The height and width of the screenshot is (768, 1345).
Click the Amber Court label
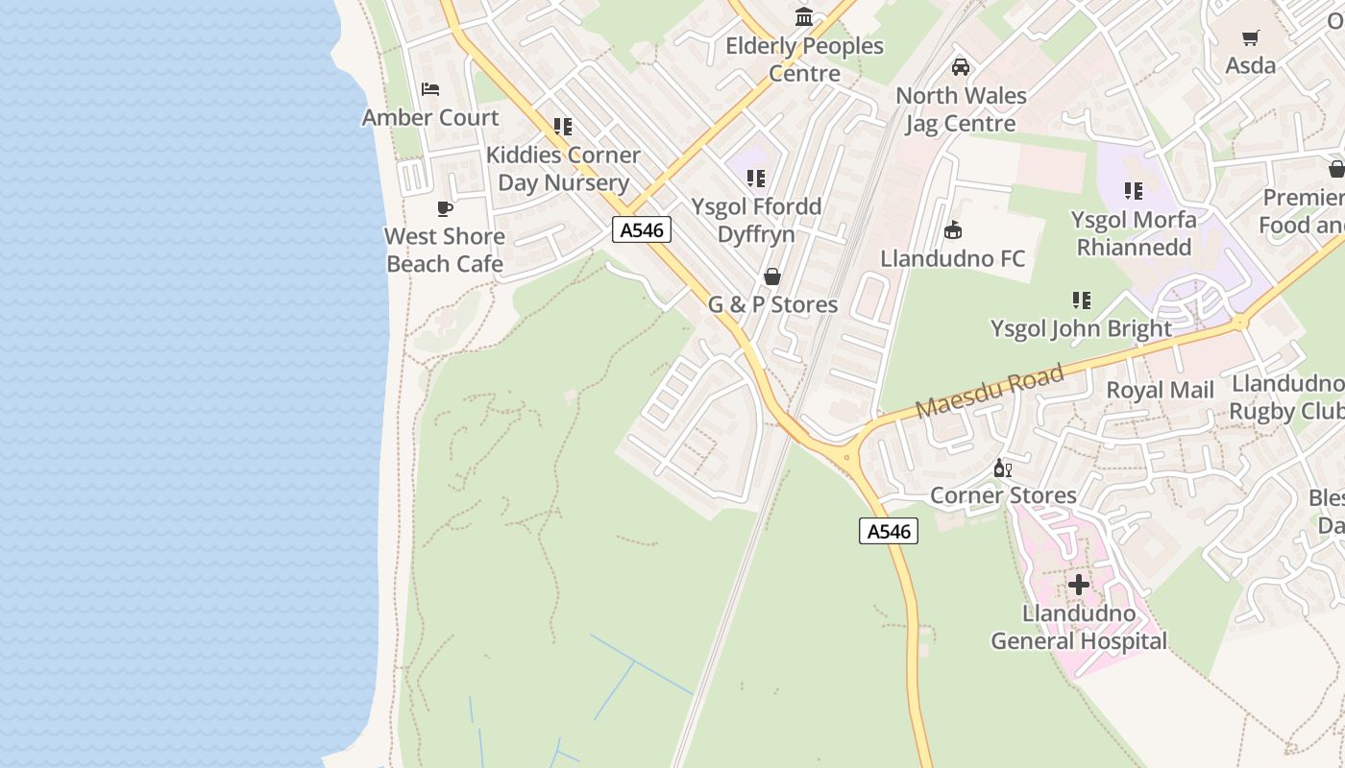[430, 117]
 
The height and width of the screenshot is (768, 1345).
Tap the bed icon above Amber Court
[430, 89]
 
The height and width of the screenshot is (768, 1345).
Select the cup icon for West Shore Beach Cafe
[445, 208]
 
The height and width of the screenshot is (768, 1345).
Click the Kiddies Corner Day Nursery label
[563, 169]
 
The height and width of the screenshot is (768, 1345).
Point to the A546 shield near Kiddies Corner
[642, 230]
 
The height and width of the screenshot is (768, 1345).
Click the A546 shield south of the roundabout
[889, 531]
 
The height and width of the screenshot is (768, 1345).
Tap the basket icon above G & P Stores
[772, 277]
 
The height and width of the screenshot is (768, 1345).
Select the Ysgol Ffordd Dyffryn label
[757, 221]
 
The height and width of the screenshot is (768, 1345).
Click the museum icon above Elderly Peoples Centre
[804, 17]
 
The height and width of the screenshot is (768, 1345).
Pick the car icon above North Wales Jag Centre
[960, 67]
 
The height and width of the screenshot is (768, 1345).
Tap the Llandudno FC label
[953, 258]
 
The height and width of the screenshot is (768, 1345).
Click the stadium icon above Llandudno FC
[953, 230]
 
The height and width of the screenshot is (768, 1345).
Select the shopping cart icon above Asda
[1251, 38]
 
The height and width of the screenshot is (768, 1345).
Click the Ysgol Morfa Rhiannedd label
[1134, 233]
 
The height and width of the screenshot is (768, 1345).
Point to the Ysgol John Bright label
[1082, 328]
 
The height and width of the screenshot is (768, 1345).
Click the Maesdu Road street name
[990, 391]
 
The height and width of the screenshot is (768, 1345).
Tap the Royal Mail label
[1161, 390]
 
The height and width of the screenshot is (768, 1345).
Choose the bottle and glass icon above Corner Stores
[1003, 468]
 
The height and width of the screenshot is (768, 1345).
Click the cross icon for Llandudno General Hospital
[1079, 584]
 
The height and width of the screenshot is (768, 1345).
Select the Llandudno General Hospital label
[1079, 627]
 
